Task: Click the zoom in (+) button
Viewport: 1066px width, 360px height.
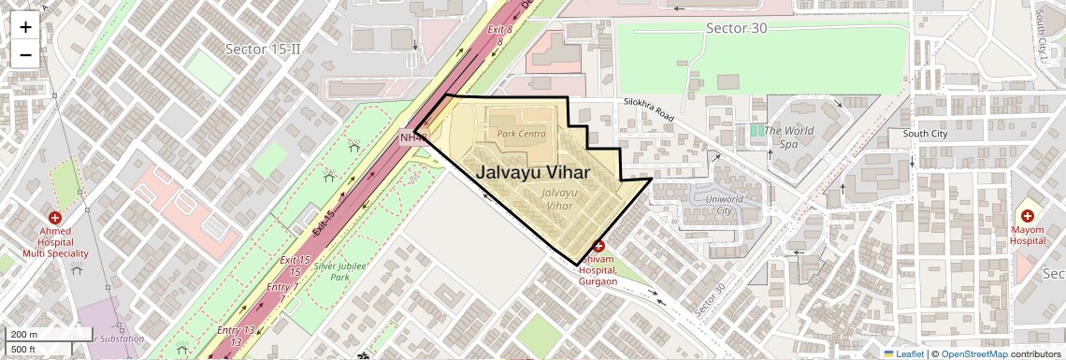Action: pyautogui.click(x=25, y=26)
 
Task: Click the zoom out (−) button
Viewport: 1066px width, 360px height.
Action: pyautogui.click(x=25, y=54)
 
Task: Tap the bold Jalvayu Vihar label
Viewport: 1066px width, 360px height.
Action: pyautogui.click(x=533, y=172)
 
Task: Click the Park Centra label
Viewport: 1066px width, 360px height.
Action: pyautogui.click(x=521, y=134)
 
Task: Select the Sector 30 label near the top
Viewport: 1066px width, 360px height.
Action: pyautogui.click(x=736, y=28)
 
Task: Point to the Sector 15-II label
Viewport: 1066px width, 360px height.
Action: pyautogui.click(x=262, y=48)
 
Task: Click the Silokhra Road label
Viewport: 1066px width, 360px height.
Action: pyautogui.click(x=649, y=108)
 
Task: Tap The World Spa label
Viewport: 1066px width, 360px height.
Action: pyautogui.click(x=788, y=137)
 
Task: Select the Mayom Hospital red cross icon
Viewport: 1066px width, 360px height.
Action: pyautogui.click(x=1026, y=216)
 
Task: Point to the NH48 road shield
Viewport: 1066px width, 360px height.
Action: pyautogui.click(x=413, y=138)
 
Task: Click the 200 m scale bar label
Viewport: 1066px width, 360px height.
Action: pyautogui.click(x=24, y=334)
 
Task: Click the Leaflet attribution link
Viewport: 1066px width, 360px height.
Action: pyautogui.click(x=903, y=353)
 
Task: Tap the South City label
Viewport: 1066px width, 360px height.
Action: pyautogui.click(x=925, y=134)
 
